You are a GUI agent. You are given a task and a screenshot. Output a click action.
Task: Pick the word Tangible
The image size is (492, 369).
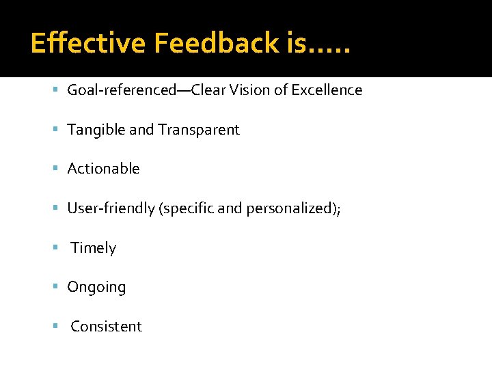96,130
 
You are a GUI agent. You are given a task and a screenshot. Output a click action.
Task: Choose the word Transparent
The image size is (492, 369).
199,130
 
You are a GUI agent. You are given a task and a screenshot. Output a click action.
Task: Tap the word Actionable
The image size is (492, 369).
103,169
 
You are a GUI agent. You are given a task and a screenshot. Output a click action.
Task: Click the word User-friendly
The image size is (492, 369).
111,208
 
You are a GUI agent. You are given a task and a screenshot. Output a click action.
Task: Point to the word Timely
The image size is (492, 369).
94,248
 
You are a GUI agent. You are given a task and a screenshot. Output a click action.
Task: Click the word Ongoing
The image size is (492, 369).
96,288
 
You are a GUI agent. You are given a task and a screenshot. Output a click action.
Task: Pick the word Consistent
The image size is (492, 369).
106,327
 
